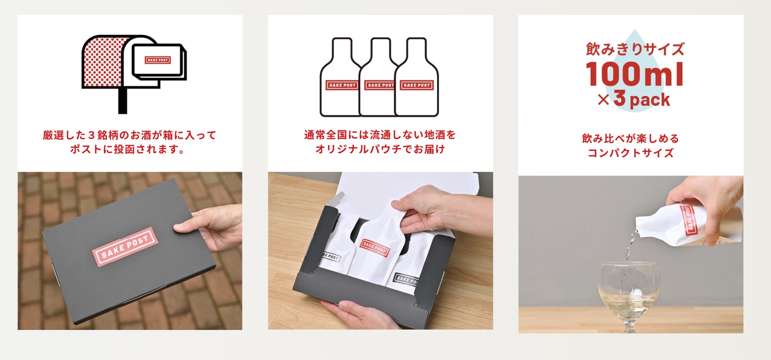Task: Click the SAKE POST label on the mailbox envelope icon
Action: click(158, 60)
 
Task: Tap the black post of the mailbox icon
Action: click(123, 100)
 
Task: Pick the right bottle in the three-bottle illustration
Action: click(417, 77)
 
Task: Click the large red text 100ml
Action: click(635, 74)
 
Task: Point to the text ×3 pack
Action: click(634, 99)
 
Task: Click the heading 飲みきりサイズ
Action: click(635, 49)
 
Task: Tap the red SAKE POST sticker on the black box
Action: click(125, 246)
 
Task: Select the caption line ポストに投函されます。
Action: click(127, 149)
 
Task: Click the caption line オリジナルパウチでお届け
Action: click(380, 149)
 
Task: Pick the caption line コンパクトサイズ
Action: click(631, 153)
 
